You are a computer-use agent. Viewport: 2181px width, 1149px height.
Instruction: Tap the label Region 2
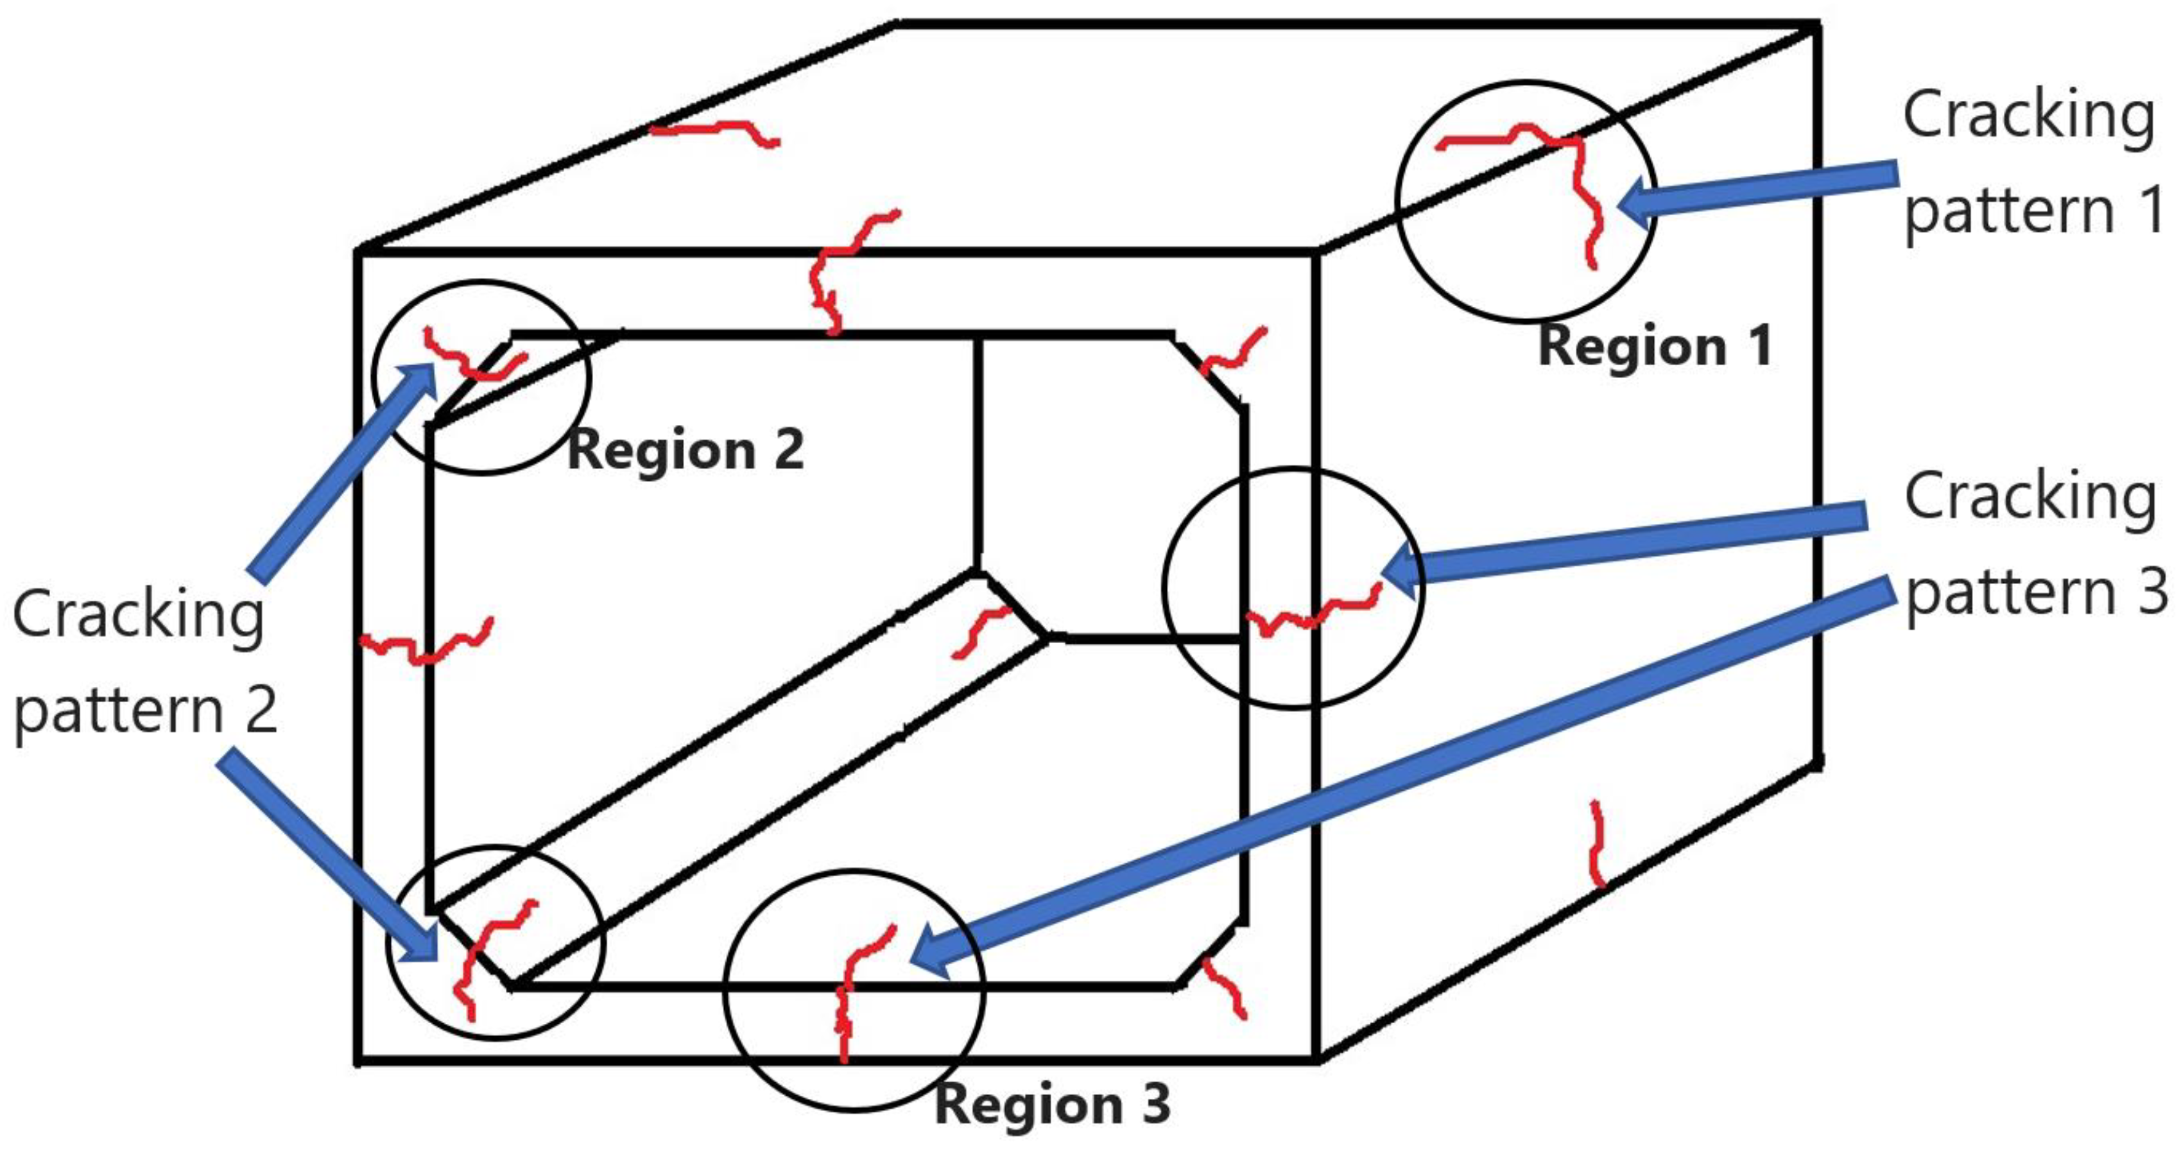685,449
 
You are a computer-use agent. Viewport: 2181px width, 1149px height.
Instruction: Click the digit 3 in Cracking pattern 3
2151,592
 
